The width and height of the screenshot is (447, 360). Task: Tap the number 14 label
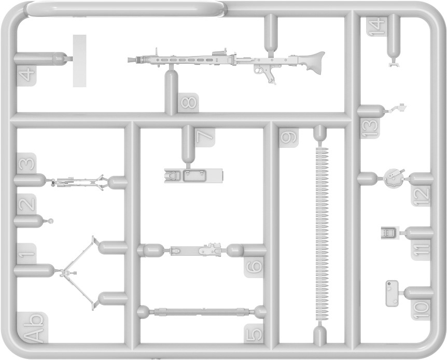(375, 26)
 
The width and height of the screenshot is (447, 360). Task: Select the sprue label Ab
(33, 328)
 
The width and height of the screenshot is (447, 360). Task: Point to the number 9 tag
(288, 137)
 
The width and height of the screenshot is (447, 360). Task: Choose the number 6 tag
(254, 267)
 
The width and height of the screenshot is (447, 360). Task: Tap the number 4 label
(26, 76)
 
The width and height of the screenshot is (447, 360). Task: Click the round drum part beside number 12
(394, 178)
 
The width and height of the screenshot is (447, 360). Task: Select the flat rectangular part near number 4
(79, 61)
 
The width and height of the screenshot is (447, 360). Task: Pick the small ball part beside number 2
(51, 221)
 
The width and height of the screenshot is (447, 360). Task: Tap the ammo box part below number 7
(193, 175)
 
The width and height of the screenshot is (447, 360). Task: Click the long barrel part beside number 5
(199, 312)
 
